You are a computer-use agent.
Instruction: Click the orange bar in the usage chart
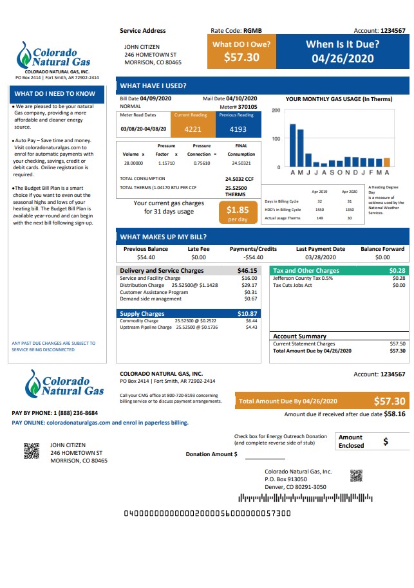pyautogui.click(x=387, y=164)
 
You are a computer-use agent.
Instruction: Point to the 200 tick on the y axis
pyautogui.click(x=276, y=111)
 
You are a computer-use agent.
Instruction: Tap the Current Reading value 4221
pyautogui.click(x=193, y=129)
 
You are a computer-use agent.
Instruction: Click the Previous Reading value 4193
pyautogui.click(x=238, y=129)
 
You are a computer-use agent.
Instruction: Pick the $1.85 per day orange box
pyautogui.click(x=238, y=213)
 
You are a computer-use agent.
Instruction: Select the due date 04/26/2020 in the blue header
pyautogui.click(x=342, y=58)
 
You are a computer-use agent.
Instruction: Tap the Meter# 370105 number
pyautogui.click(x=247, y=107)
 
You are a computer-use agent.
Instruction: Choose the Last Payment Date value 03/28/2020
pyautogui.click(x=321, y=257)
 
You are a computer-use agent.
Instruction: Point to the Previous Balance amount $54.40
pyautogui.click(x=146, y=257)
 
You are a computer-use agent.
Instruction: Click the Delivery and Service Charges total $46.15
pyautogui.click(x=247, y=271)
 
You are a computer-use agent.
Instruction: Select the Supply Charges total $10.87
pyautogui.click(x=247, y=313)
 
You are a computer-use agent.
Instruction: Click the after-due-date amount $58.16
pyautogui.click(x=395, y=415)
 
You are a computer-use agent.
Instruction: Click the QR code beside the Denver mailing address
pyautogui.click(x=357, y=475)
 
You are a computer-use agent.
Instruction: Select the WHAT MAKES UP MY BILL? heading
pyautogui.click(x=164, y=237)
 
